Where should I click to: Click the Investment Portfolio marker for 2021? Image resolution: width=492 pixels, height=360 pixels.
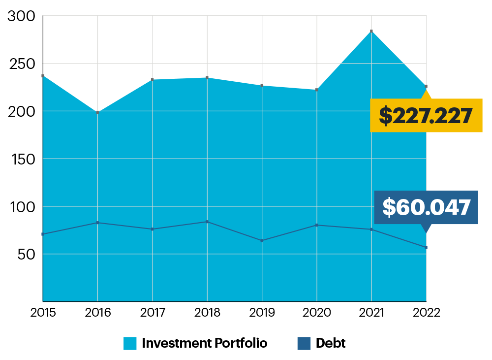(371, 31)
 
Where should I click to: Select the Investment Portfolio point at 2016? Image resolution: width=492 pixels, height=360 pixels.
(98, 112)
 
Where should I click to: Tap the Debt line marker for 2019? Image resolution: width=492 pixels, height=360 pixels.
(262, 240)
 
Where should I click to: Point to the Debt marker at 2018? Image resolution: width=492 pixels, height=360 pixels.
(207, 222)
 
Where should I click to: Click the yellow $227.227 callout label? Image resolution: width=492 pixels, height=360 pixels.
(426, 115)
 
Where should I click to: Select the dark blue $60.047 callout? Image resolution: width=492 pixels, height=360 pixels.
(426, 207)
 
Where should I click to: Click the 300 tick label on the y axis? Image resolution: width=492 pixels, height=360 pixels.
(22, 16)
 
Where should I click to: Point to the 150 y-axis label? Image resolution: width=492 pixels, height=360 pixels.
(22, 159)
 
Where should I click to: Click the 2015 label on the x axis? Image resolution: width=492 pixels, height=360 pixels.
(43, 312)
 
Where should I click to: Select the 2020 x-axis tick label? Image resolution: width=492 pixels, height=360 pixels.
(316, 312)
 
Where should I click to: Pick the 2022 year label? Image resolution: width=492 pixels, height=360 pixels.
(426, 312)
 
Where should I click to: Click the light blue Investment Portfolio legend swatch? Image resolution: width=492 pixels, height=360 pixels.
(130, 343)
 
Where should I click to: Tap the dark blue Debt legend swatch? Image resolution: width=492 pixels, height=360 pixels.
(304, 343)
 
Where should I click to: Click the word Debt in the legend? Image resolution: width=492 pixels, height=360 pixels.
(331, 343)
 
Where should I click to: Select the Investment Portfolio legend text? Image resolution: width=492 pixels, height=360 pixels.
(204, 343)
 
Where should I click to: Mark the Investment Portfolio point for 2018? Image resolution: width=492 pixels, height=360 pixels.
(207, 78)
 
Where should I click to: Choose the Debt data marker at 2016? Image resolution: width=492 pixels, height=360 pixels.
(98, 223)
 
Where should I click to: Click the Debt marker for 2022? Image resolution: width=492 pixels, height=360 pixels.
(426, 247)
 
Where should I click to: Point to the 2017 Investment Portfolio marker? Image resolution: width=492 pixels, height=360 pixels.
(153, 80)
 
